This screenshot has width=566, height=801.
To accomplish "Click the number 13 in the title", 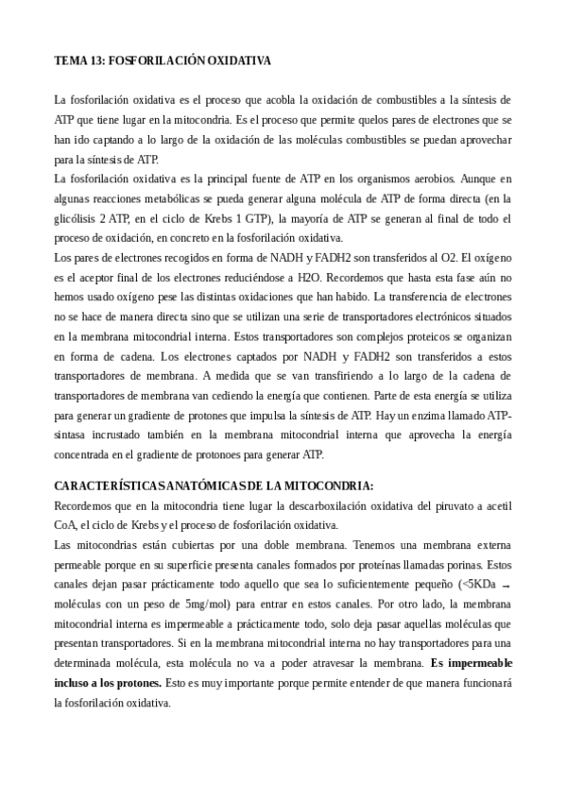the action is pos(94,60).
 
